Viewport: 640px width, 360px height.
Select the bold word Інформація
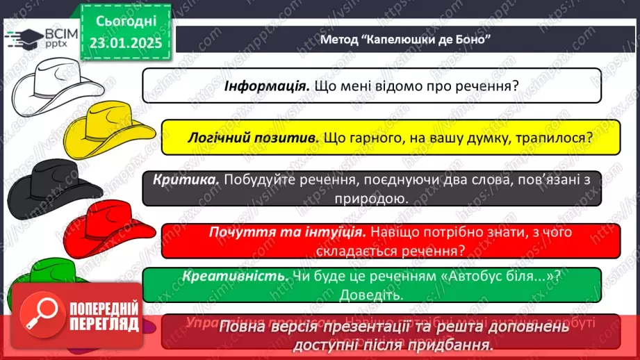pos(267,86)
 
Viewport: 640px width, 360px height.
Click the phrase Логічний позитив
pos(253,138)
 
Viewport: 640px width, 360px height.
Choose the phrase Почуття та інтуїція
pos(287,231)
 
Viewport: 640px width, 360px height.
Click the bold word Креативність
pos(236,276)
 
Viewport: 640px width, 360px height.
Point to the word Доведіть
pos(372,295)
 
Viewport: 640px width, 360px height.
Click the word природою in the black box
pos(371,199)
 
